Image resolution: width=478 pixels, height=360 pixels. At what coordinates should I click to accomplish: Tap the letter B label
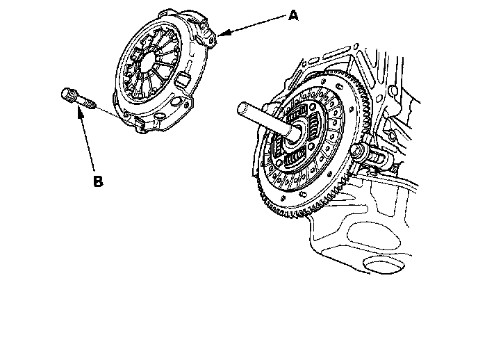pos(98,181)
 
